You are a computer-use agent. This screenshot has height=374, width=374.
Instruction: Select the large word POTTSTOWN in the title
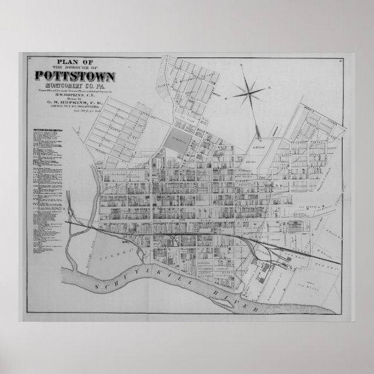[x=75, y=75]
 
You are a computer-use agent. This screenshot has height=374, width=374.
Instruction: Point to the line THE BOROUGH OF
[x=75, y=68]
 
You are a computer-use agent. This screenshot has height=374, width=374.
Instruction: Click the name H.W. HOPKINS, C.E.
[x=75, y=95]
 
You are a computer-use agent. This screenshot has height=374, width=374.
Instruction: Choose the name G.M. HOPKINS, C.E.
[x=75, y=105]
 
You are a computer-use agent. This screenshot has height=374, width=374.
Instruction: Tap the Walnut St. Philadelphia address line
[x=75, y=109]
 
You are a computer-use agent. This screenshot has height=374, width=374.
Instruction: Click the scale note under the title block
[x=75, y=113]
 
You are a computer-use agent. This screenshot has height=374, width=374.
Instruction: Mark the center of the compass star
[x=247, y=89]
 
